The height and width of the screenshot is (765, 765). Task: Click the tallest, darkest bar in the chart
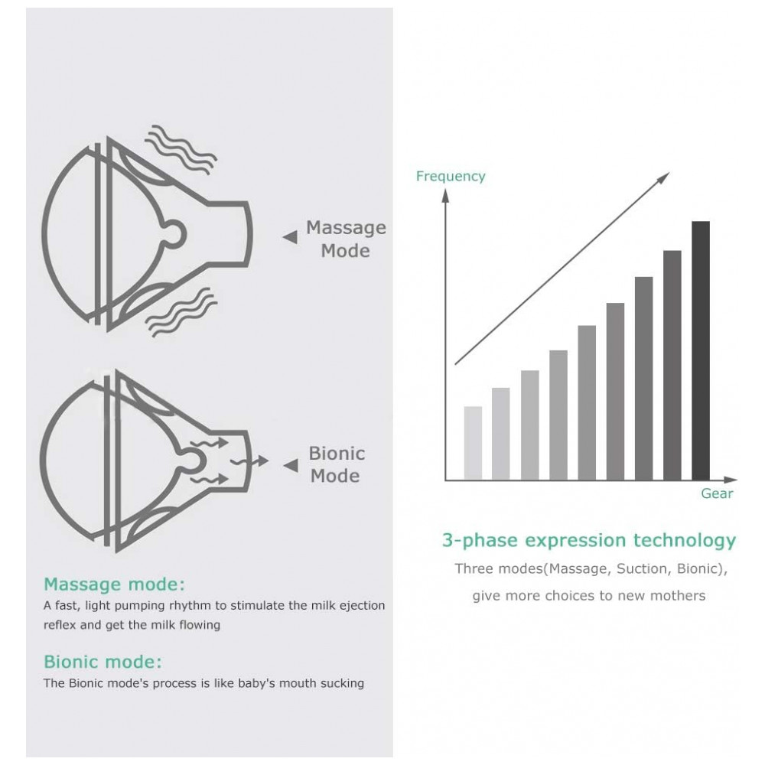tap(701, 350)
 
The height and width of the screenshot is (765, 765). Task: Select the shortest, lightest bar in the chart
tap(473, 443)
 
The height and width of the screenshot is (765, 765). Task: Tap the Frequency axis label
tap(451, 176)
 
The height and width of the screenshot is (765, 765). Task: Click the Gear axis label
tap(717, 493)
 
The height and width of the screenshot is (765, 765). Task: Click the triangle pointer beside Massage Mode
tap(290, 237)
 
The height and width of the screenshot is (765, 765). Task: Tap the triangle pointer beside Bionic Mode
tap(291, 465)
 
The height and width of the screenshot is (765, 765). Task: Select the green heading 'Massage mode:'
tap(115, 584)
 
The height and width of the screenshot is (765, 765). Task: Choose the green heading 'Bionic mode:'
tap(103, 662)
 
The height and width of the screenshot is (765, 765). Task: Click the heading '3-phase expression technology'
tap(589, 541)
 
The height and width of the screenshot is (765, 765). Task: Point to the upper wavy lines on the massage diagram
tap(181, 149)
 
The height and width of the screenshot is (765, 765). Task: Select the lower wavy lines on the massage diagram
tap(181, 312)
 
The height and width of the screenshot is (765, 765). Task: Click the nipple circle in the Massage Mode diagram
tap(174, 233)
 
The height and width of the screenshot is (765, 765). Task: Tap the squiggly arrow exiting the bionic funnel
tap(249, 461)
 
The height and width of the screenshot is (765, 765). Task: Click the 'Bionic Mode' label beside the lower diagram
tap(336, 464)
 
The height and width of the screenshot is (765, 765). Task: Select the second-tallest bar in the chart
tap(672, 365)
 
